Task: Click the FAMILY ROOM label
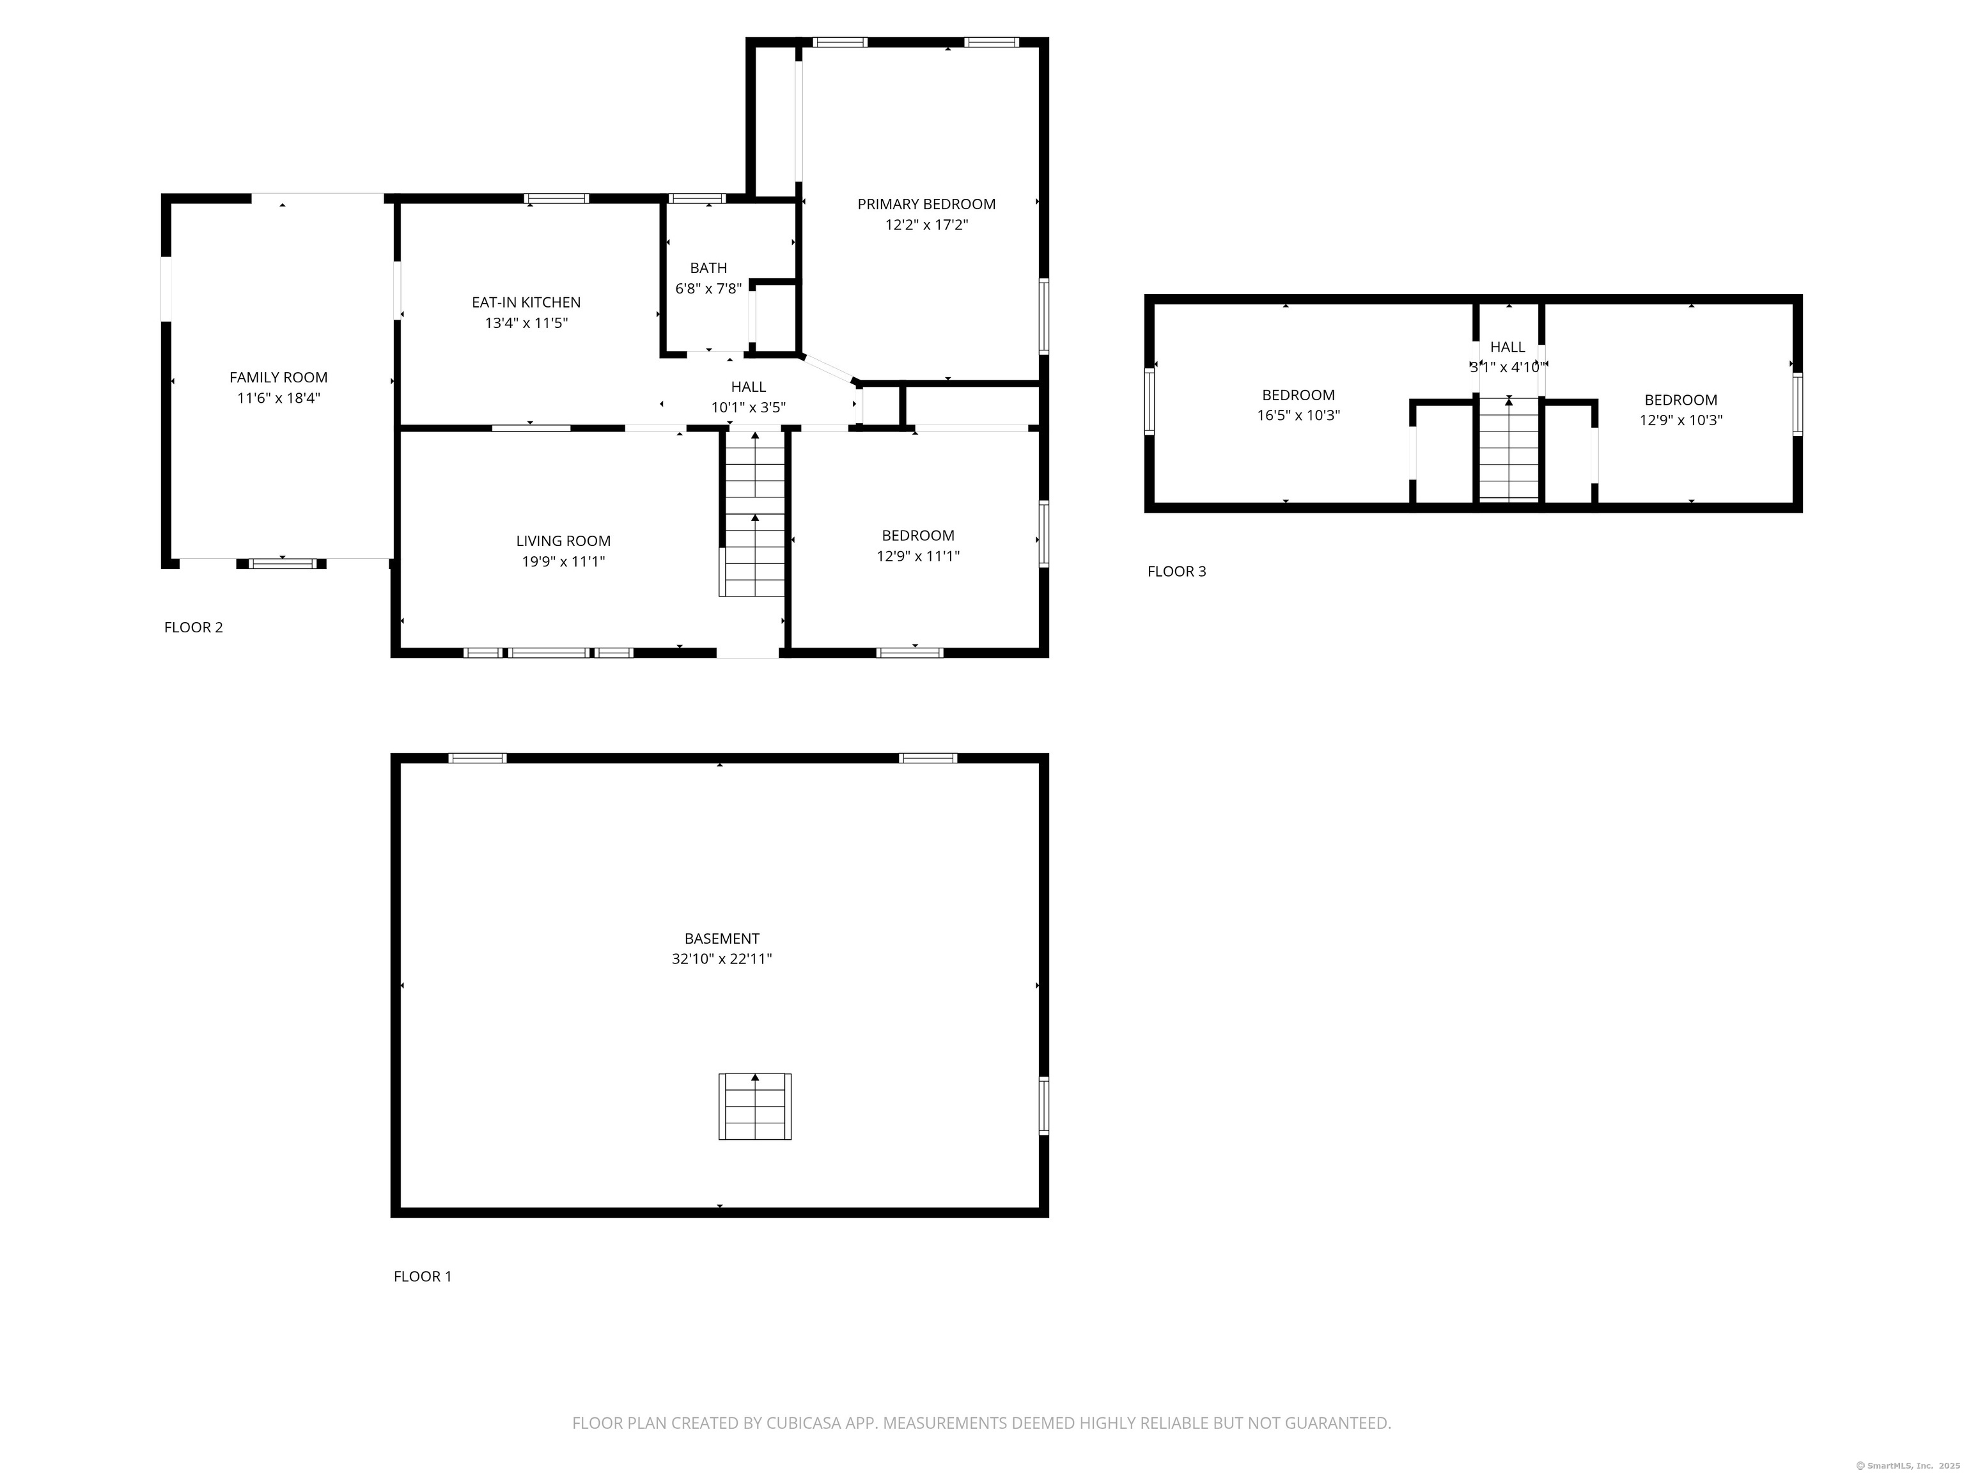point(278,377)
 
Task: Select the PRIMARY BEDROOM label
point(926,204)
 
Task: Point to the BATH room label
point(708,268)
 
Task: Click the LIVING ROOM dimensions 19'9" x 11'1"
point(563,561)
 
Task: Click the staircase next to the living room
point(754,515)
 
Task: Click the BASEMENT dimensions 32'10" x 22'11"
point(721,959)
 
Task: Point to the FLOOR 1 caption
point(423,1276)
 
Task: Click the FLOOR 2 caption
point(194,627)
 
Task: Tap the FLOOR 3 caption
point(1176,571)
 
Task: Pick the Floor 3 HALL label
point(1508,347)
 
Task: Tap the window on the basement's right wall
point(1043,1105)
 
